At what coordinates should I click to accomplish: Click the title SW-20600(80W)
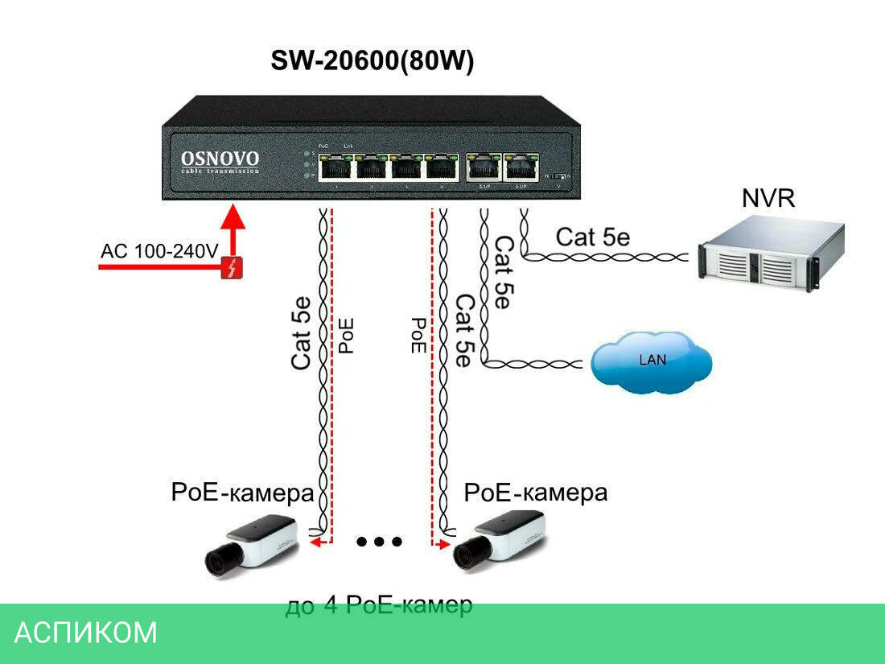(372, 63)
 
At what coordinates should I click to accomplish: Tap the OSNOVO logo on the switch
(220, 159)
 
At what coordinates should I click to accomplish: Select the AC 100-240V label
(158, 251)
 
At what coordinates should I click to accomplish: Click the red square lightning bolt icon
(233, 268)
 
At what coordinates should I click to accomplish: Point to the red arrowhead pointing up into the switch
(233, 218)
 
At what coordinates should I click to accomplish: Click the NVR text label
(768, 198)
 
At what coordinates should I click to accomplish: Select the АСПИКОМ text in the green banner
(86, 633)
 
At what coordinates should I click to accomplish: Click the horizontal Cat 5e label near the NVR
(593, 237)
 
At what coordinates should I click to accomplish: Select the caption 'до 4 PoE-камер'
(378, 605)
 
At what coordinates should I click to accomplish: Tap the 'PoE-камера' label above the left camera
(241, 493)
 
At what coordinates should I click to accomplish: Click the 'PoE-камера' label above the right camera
(536, 493)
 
